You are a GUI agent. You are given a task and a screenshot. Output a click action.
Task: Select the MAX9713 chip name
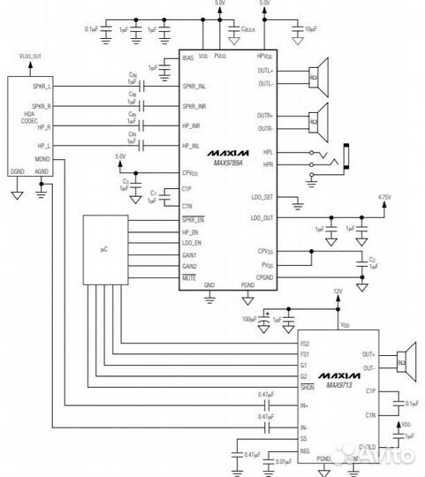click(x=340, y=385)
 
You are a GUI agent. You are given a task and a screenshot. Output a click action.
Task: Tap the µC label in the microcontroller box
click(x=103, y=251)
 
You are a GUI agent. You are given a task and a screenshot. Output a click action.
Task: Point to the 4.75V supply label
click(x=383, y=197)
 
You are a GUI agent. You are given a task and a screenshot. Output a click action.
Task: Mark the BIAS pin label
click(x=187, y=58)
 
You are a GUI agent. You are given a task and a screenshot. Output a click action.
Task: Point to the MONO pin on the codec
click(x=42, y=160)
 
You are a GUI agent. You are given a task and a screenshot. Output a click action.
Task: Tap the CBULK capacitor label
click(x=248, y=28)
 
